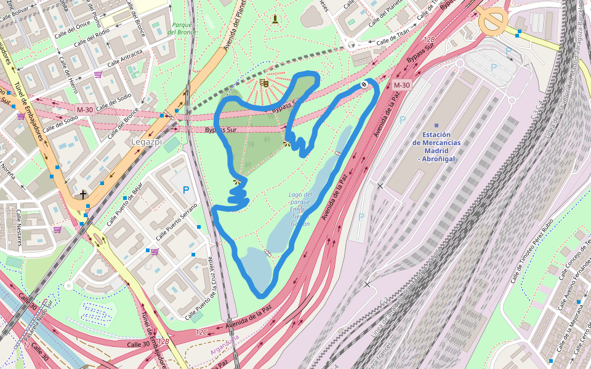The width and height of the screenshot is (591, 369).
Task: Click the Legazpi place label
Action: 145,141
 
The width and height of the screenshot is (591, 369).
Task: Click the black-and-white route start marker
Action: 364,85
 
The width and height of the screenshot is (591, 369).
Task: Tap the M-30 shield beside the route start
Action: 401,85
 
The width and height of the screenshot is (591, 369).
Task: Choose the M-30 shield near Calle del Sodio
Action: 84,109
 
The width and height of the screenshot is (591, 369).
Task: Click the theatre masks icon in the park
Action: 264,83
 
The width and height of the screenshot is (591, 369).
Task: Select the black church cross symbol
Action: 83,195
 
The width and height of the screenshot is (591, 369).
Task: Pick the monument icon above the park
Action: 275,19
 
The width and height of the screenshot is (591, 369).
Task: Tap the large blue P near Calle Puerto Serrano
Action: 185,191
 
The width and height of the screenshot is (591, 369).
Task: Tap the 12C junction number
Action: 202,331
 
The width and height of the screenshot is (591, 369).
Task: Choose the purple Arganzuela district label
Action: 225,347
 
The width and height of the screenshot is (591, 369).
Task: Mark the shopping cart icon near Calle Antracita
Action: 98,74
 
